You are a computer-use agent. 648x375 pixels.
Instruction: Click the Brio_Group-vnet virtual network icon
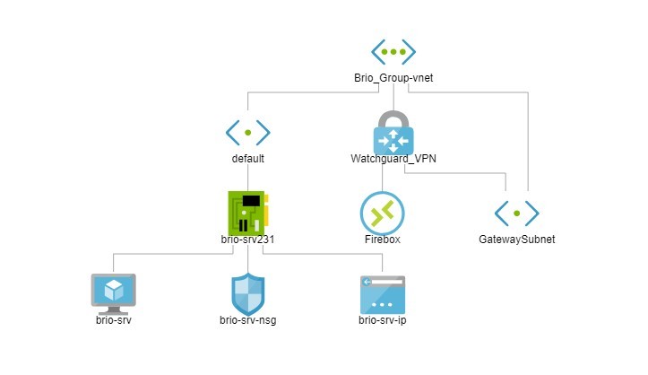coord(393,52)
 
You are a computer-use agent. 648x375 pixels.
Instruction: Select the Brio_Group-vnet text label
coord(393,79)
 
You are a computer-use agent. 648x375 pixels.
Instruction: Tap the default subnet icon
coord(247,133)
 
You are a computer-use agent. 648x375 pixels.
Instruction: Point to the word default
coord(247,159)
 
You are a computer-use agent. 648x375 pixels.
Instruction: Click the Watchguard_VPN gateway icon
coord(393,142)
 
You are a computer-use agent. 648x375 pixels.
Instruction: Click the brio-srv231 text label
coord(247,240)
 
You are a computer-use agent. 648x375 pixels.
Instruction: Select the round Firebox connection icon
coord(383,214)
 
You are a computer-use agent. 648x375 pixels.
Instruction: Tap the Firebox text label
coord(383,240)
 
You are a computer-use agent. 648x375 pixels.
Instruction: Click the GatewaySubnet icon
coord(517,213)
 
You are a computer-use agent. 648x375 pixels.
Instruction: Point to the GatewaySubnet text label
coord(517,240)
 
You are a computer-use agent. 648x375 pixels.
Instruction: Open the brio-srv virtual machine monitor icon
coord(114,292)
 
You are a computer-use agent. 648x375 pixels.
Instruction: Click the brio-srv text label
coord(114,319)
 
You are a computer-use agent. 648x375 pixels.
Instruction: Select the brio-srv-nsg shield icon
coord(247,292)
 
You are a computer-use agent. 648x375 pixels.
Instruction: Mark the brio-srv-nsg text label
coord(247,319)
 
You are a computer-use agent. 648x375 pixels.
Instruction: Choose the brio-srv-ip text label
coord(383,319)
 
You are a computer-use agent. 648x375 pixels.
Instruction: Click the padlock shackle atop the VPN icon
coord(393,118)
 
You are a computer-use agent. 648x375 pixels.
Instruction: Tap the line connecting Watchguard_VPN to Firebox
coord(383,179)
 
